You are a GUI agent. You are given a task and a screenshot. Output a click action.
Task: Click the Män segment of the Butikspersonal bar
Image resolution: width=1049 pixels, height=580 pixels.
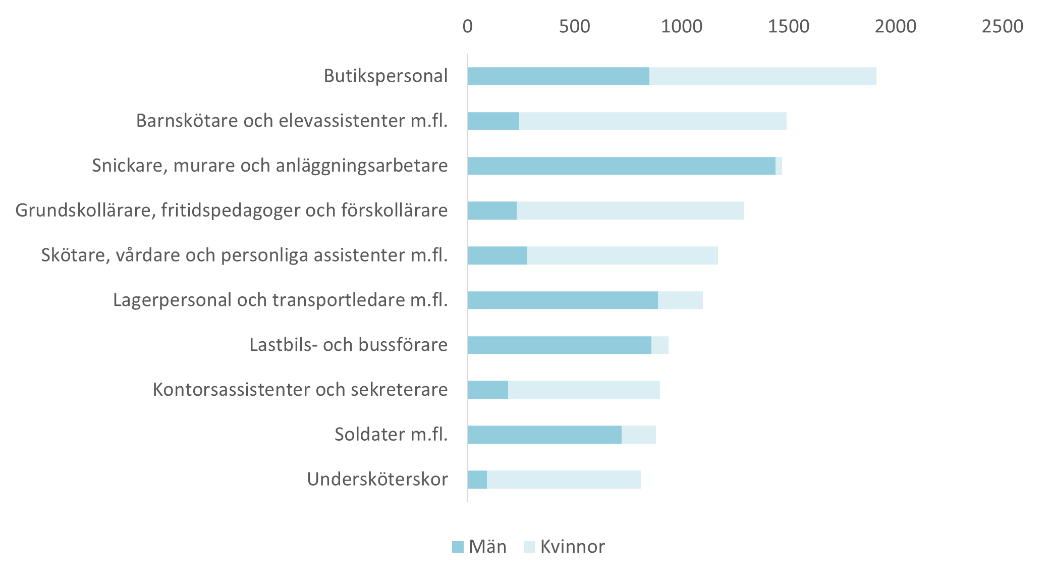tap(559, 76)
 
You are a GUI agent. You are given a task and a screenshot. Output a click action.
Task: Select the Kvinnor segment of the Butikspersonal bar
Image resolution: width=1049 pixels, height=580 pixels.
tap(762, 76)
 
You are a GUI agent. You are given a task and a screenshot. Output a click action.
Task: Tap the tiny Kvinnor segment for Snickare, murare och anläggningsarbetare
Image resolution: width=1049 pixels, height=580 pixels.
tap(779, 166)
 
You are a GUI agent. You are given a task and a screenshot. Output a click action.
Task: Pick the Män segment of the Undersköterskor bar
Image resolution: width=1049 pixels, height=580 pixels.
tap(477, 480)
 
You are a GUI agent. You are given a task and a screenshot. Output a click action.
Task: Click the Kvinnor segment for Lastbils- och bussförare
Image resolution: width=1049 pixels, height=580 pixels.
tap(660, 345)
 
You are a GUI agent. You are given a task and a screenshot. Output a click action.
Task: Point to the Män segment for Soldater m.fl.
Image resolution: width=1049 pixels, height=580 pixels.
tap(544, 435)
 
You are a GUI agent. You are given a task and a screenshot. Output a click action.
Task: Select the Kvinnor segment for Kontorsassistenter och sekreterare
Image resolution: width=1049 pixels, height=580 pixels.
tap(584, 390)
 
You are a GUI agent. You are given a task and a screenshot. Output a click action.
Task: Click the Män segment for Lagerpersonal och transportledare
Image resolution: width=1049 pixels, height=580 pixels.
tap(563, 300)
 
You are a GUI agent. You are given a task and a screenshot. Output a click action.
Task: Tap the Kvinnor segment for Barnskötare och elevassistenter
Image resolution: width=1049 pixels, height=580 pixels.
tap(652, 121)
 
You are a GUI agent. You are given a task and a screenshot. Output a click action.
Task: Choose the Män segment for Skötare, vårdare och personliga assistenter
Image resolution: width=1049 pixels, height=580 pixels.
tap(498, 255)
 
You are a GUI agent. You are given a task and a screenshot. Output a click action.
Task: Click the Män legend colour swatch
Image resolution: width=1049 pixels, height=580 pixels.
tap(458, 547)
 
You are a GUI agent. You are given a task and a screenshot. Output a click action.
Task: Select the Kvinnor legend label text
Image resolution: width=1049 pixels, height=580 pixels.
tap(572, 547)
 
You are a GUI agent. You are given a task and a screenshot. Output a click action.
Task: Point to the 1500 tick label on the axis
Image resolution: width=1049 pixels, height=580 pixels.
tap(788, 26)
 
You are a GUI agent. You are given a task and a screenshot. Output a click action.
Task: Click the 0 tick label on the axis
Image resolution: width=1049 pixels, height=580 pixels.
tap(468, 26)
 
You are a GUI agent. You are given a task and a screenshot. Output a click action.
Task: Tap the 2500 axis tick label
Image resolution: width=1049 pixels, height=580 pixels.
tap(1002, 26)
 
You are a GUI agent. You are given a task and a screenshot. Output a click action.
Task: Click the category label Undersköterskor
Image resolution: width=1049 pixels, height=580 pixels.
tap(377, 479)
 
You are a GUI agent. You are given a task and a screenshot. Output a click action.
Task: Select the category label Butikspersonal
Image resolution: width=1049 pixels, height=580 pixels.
tap(385, 76)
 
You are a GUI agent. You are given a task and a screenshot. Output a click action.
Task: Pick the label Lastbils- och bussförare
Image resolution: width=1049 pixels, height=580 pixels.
tap(348, 345)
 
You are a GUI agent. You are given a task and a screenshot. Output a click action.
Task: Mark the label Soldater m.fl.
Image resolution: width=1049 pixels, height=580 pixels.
tap(391, 434)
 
